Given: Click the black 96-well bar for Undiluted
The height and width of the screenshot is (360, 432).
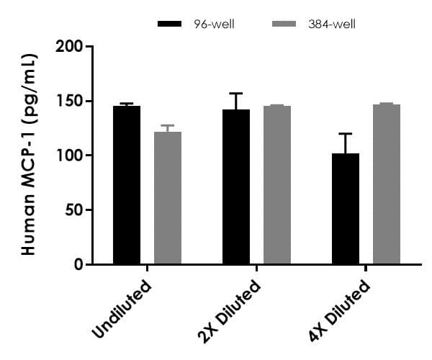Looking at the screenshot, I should click(x=127, y=185).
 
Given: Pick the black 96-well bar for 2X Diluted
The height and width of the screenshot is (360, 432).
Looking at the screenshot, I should click(x=236, y=187).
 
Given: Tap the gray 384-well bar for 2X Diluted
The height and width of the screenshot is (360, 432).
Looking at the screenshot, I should click(x=277, y=185).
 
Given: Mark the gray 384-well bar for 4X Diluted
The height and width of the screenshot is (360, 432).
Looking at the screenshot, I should click(x=386, y=184).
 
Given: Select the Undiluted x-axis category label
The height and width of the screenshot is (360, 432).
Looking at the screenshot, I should click(x=123, y=309).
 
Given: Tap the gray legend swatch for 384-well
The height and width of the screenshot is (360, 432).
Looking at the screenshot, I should click(x=284, y=24).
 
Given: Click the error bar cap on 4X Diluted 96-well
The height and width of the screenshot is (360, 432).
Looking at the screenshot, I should click(x=345, y=134).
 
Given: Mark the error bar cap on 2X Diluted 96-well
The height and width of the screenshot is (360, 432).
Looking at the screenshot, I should click(x=236, y=94).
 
